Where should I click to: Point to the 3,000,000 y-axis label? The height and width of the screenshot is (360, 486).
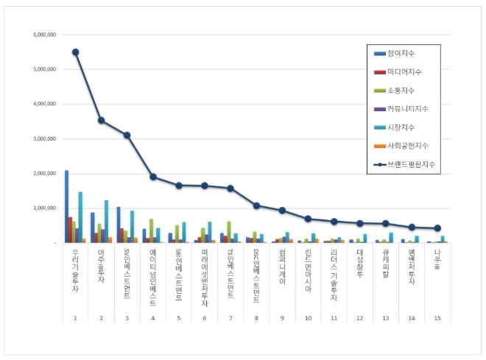tap(46, 138)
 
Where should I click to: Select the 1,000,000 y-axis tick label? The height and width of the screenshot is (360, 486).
tap(46, 208)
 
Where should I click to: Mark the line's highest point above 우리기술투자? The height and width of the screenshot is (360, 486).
tap(76, 52)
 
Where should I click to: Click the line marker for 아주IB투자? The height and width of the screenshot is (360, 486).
tap(102, 120)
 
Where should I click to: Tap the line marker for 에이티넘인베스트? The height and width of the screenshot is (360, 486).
tap(153, 177)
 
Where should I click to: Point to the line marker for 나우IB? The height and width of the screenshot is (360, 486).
tap(437, 228)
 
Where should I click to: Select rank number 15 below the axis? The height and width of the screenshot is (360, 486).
tap(437, 318)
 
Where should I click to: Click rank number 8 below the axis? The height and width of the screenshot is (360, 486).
tap(256, 318)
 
